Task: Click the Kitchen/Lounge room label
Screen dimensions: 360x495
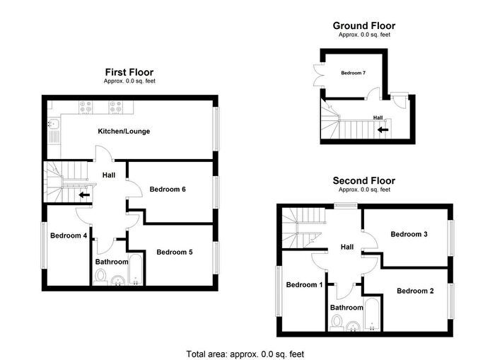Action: (123, 132)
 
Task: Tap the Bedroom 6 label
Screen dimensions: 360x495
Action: (168, 189)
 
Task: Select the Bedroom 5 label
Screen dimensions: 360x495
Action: (175, 252)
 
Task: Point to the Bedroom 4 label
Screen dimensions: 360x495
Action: (68, 236)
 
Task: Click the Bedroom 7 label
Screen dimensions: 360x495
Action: (353, 73)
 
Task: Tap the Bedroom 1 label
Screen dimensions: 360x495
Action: (304, 285)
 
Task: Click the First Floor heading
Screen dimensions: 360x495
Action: (129, 72)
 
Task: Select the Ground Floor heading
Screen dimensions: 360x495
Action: (364, 26)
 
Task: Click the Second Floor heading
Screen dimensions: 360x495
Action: (364, 181)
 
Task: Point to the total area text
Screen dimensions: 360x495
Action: (247, 353)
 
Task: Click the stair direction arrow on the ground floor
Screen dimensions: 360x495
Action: (383, 129)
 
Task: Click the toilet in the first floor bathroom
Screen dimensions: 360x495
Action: (99, 281)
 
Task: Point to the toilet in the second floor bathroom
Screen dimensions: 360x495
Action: (337, 325)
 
